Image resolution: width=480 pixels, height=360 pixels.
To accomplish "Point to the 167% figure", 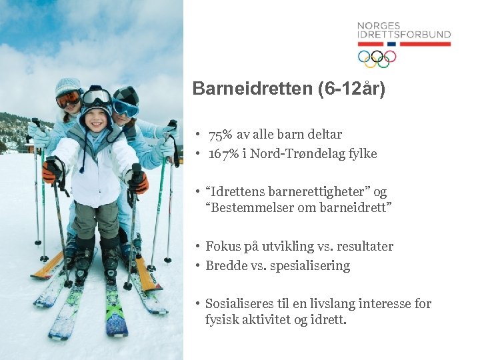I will coord(221,154).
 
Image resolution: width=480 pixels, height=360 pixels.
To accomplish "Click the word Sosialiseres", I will coord(238,304).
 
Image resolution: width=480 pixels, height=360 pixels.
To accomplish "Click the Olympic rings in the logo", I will coord(377,58).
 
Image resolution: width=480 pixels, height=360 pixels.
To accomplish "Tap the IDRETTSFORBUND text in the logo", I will coord(403,35).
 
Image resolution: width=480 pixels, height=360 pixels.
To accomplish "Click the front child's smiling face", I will coord(96,123).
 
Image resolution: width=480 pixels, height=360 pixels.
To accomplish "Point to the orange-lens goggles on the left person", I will coord(68,99).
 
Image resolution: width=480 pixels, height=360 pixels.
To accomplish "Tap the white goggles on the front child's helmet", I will coord(96,98).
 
